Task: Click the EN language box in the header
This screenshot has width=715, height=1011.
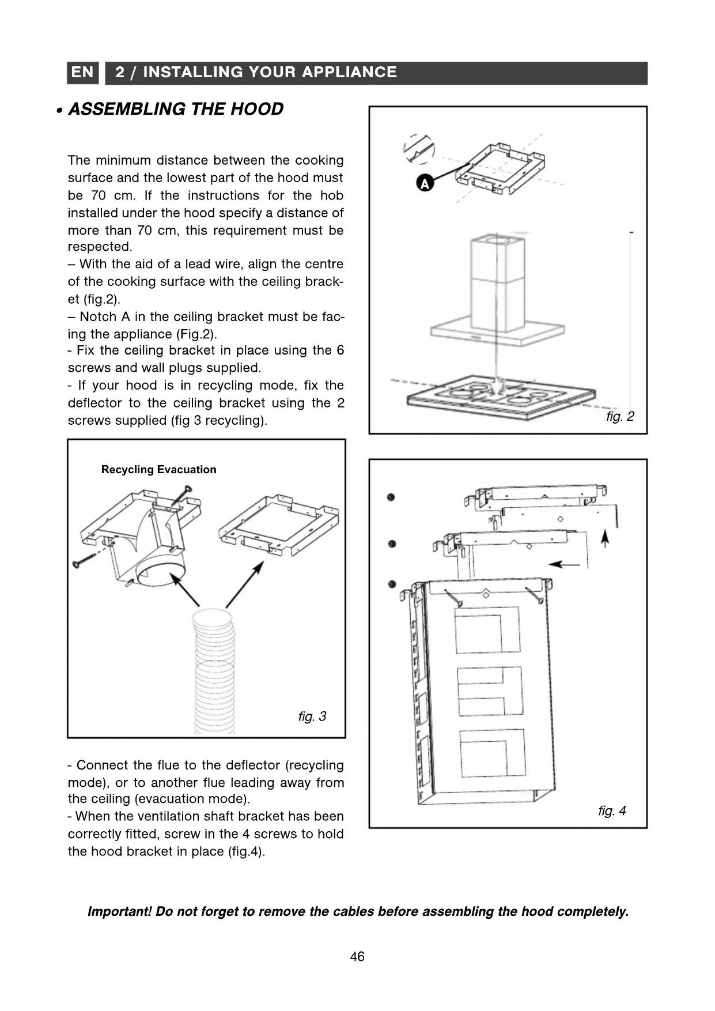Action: (82, 73)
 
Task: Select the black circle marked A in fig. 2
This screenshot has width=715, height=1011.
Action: (424, 184)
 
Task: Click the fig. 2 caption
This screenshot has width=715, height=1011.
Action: (620, 416)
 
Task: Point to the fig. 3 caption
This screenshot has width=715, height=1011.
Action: (312, 716)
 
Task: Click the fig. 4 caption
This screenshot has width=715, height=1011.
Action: (612, 811)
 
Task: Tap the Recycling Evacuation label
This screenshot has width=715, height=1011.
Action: (158, 470)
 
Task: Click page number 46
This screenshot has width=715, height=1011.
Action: (357, 957)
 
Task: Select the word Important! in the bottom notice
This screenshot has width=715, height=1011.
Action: (119, 912)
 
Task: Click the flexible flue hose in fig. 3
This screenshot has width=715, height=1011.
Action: (215, 669)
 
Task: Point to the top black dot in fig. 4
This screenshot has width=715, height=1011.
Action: (391, 497)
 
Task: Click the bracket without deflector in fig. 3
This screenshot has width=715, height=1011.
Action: (279, 525)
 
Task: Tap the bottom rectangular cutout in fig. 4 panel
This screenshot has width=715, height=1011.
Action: (493, 753)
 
